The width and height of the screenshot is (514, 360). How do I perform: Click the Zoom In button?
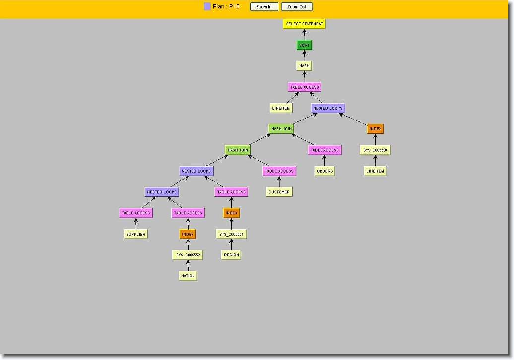[x=264, y=7]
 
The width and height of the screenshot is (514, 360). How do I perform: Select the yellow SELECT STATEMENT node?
[x=304, y=24]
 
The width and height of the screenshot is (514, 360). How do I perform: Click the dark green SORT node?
[x=304, y=45]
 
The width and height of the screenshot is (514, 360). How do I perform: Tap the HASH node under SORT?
[x=304, y=66]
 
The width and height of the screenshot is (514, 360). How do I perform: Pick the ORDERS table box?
[x=324, y=171]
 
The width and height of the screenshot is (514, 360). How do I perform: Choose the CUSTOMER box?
[x=279, y=192]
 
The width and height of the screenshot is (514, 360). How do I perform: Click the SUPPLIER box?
[x=136, y=234]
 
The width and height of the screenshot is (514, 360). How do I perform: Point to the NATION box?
[x=188, y=276]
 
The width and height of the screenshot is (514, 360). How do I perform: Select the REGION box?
[x=231, y=255]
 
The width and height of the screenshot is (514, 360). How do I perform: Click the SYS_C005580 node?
[x=375, y=150]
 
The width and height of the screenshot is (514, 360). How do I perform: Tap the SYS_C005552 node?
[x=188, y=255]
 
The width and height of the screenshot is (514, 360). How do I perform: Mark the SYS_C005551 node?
[x=231, y=234]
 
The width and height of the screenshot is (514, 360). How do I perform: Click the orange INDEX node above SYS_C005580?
[x=375, y=129]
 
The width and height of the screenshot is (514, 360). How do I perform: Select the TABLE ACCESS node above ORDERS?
[x=324, y=150]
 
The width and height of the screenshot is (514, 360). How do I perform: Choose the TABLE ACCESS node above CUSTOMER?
[x=279, y=171]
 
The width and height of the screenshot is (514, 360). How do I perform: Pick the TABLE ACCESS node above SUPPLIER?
[x=136, y=213]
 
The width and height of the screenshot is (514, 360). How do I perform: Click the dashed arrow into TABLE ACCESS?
[x=317, y=98]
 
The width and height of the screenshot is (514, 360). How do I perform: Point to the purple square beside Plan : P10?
[x=207, y=6]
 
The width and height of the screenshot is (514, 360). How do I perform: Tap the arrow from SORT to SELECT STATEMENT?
[x=304, y=35]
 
